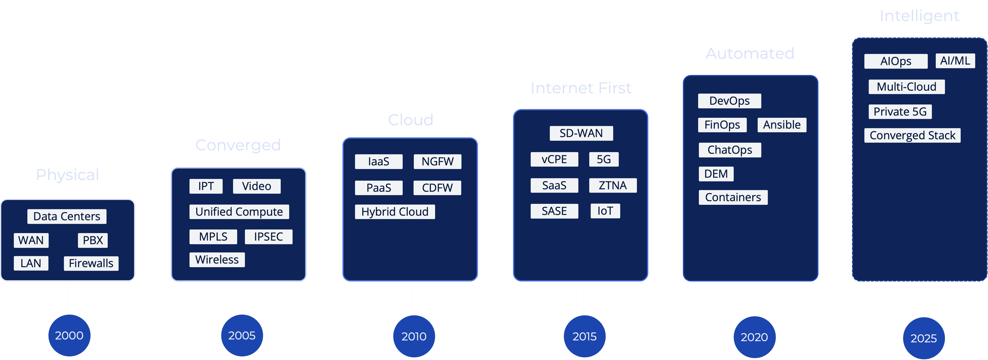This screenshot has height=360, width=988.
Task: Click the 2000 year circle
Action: click(69, 336)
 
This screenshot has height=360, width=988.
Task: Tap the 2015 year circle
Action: click(585, 336)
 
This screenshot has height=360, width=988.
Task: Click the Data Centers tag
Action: click(67, 216)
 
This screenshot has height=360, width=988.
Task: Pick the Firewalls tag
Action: click(91, 263)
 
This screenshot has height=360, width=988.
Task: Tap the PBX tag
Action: click(93, 240)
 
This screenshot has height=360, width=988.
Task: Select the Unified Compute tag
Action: click(239, 212)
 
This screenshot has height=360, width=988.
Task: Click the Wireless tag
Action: click(217, 260)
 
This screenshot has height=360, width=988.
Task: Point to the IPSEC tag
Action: click(269, 236)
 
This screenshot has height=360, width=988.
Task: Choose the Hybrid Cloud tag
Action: click(395, 212)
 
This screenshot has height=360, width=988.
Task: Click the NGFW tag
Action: click(437, 162)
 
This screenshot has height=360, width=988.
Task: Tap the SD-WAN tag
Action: click(581, 133)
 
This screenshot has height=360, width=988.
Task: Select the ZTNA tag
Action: click(612, 185)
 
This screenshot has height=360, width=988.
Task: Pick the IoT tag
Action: click(605, 211)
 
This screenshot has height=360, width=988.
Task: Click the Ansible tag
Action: click(782, 125)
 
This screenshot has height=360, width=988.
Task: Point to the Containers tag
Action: click(733, 197)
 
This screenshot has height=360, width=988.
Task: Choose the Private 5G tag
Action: click(900, 111)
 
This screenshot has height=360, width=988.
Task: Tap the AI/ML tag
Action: click(955, 61)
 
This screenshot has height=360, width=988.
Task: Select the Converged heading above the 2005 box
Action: click(238, 145)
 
